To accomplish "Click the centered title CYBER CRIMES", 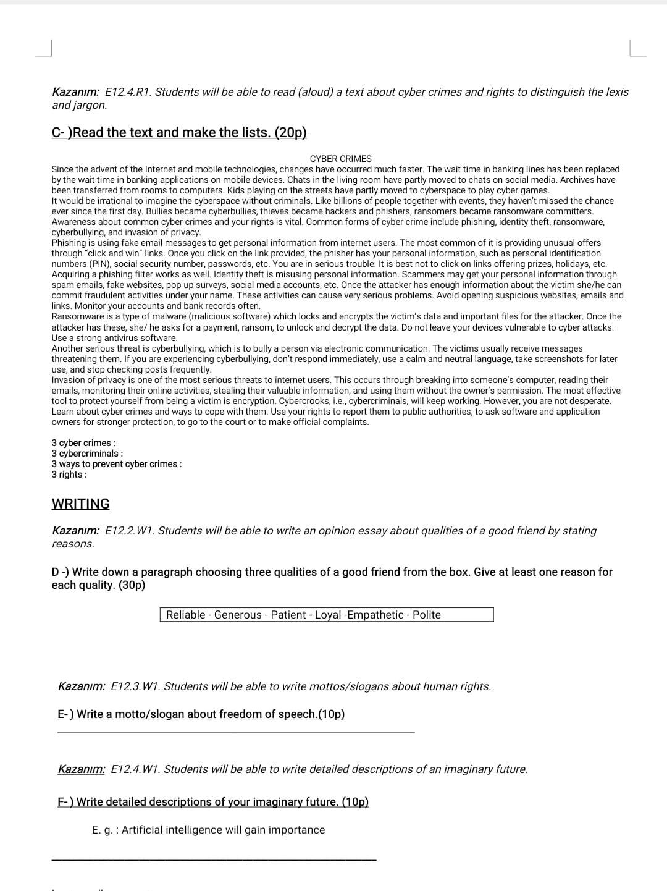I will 340,159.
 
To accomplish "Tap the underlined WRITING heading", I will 80,504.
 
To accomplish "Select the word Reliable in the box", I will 185,615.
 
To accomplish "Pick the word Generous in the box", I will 238,615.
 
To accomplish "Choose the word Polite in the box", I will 427,615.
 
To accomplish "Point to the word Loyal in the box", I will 328,615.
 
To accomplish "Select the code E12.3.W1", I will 135,686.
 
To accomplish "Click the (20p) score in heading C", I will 290,133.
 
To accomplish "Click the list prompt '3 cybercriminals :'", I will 87,454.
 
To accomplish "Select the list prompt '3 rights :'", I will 69,475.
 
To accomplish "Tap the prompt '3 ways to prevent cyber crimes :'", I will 117,464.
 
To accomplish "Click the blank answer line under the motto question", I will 236,733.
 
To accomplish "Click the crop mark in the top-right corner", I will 637,49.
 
